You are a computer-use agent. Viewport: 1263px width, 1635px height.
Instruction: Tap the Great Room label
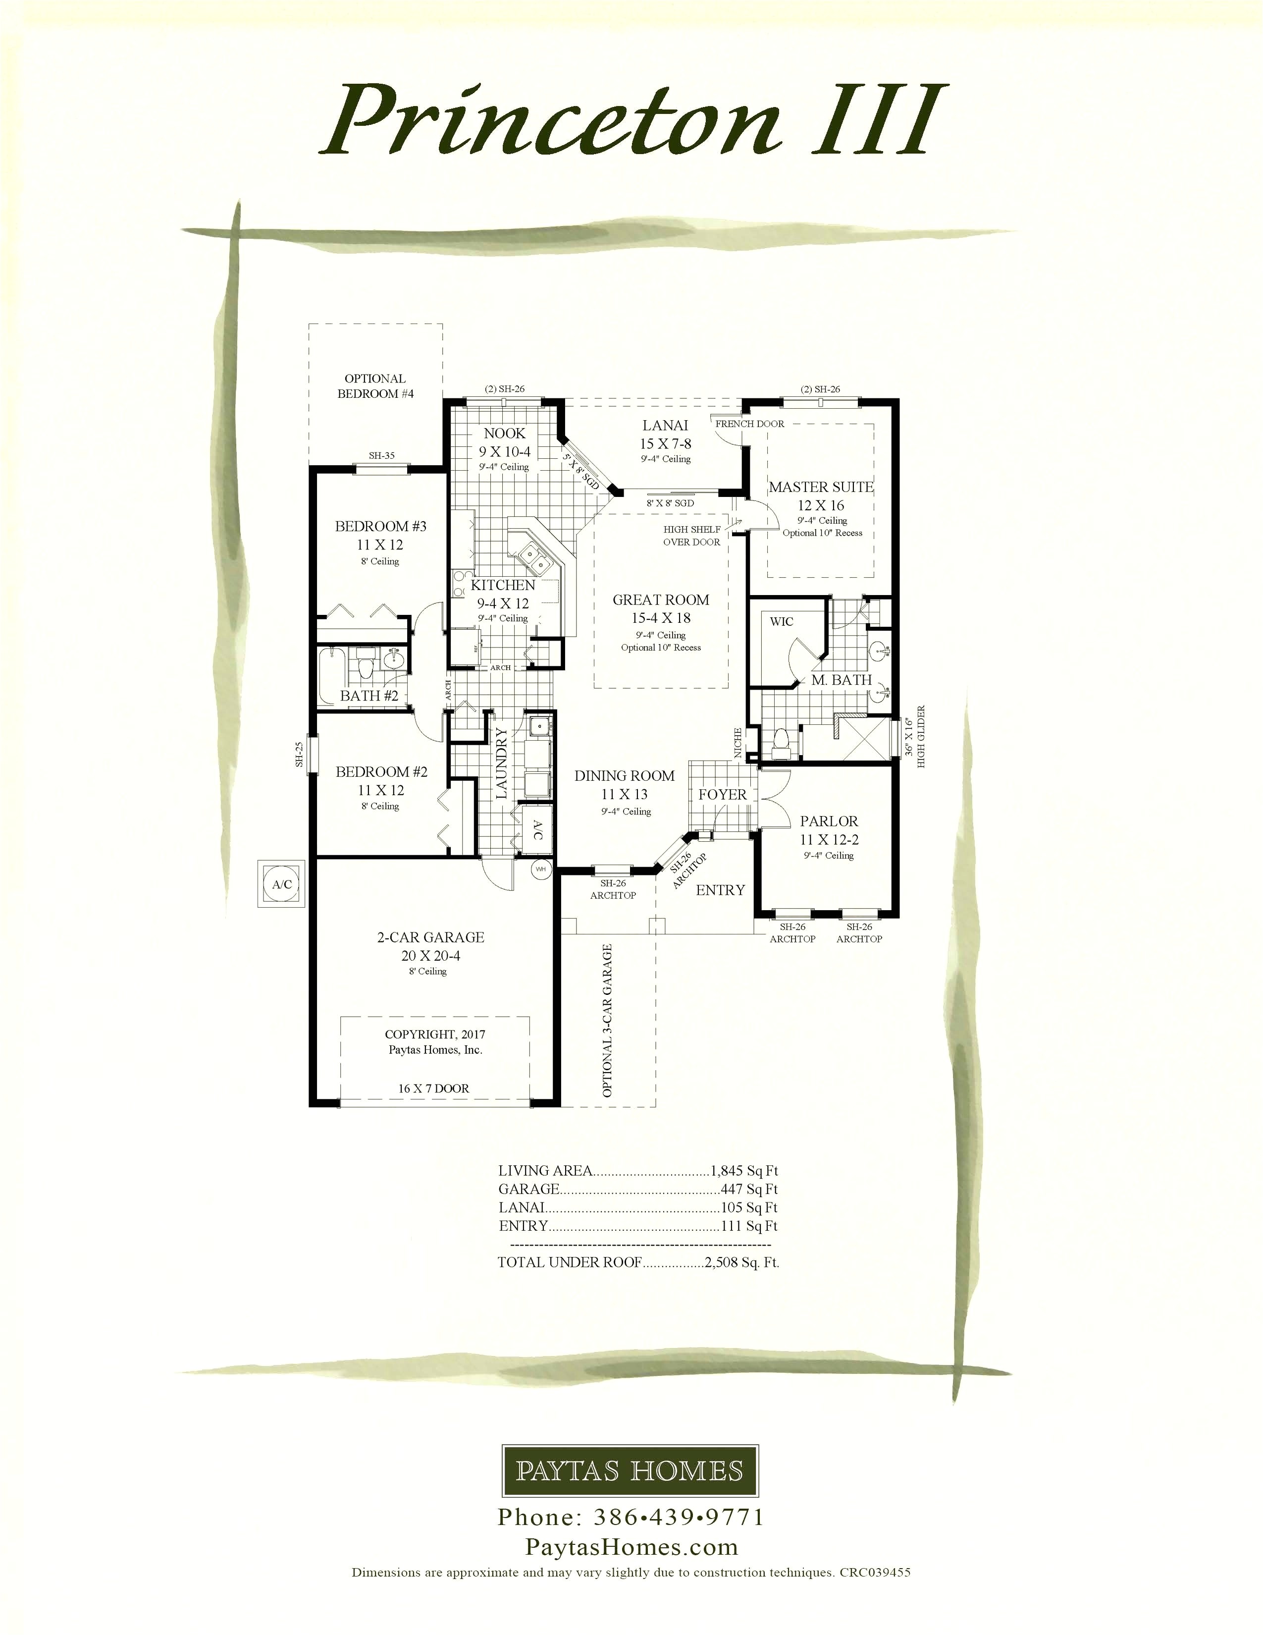(x=661, y=599)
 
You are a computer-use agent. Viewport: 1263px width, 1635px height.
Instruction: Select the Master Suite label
(x=821, y=487)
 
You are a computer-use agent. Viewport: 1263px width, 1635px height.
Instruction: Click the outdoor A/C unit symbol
(x=281, y=884)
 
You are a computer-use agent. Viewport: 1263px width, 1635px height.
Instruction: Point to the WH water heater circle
(x=540, y=869)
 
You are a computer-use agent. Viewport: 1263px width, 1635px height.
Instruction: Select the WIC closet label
(x=781, y=621)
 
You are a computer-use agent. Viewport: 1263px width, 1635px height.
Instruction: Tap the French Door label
(x=750, y=424)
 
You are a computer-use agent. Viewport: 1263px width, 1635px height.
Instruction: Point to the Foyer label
(x=722, y=794)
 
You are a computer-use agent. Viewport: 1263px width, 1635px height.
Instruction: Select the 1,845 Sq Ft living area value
(x=744, y=1171)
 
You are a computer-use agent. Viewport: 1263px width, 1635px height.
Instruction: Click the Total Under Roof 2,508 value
(x=741, y=1262)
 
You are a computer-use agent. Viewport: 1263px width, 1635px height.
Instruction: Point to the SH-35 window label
(x=381, y=455)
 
